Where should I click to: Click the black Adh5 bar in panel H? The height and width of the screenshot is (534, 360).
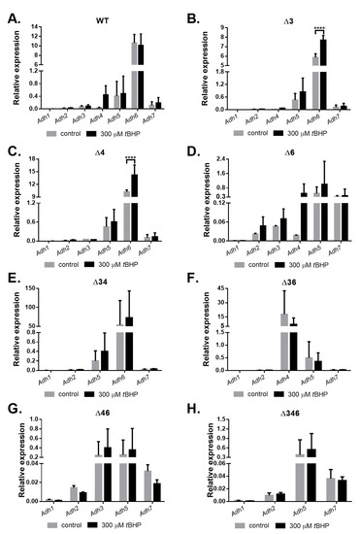311,476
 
